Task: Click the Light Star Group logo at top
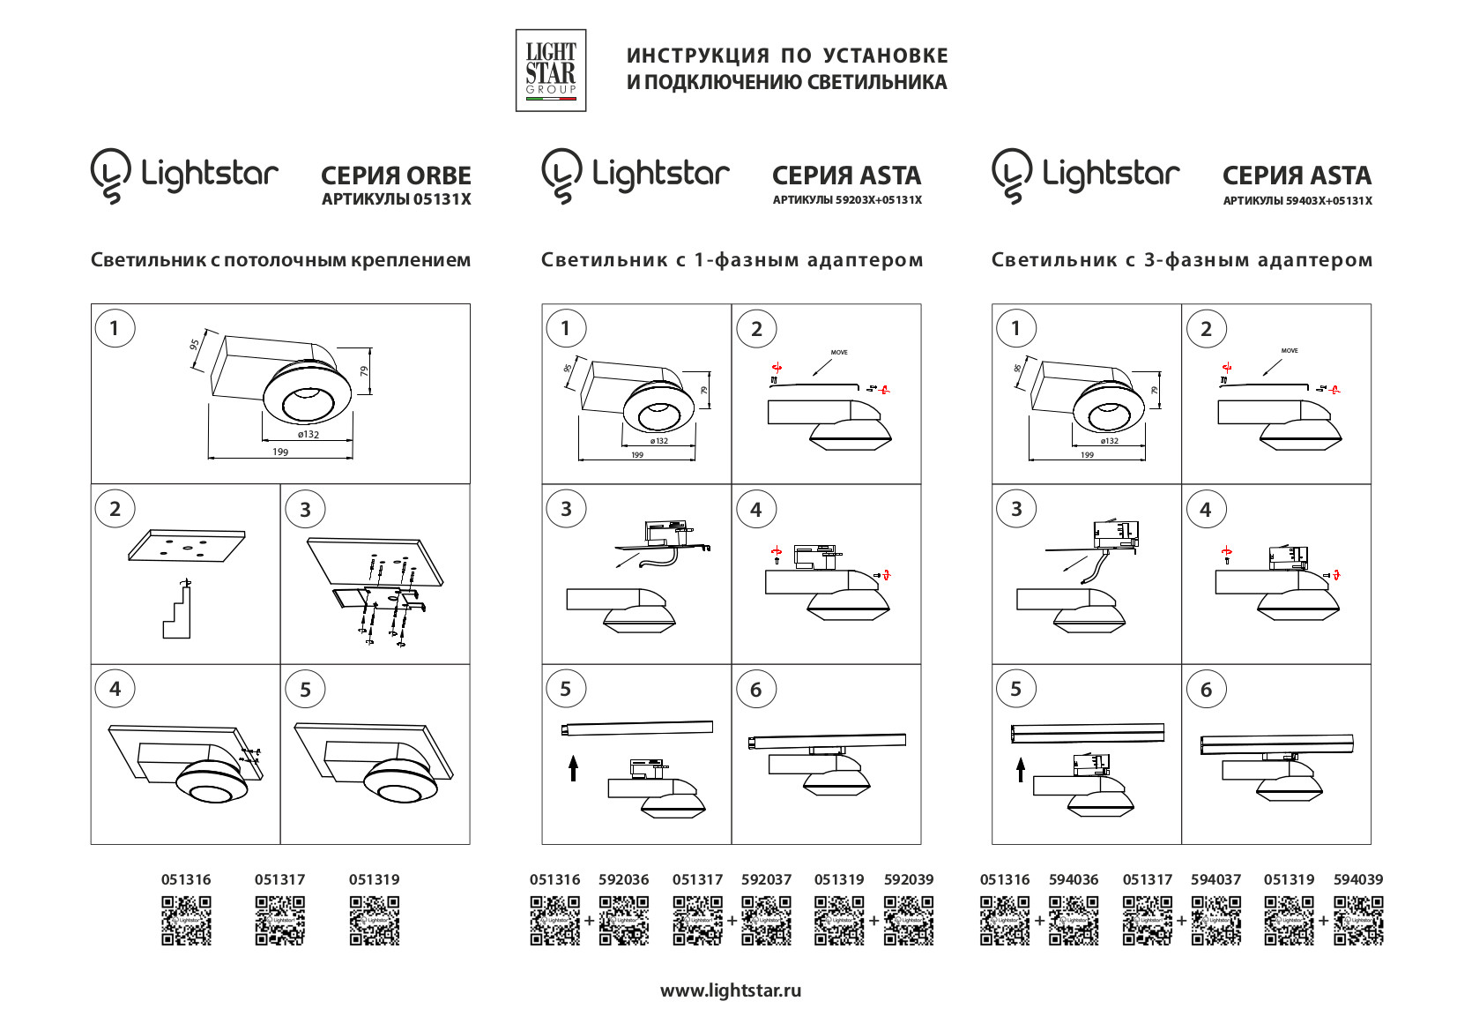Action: (550, 70)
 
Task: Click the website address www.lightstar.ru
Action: (731, 990)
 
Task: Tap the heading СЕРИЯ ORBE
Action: (396, 175)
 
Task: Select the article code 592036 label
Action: (623, 879)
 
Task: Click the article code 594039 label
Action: (1358, 879)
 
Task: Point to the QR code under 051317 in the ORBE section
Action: (279, 921)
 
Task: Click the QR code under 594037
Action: (1215, 921)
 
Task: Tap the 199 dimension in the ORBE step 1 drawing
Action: (280, 452)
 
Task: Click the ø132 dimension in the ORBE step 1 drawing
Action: (308, 434)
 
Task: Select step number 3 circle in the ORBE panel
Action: (305, 509)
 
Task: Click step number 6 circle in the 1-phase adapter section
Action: (755, 690)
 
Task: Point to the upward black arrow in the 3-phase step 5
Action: (1021, 770)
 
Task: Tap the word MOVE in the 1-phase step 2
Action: (839, 353)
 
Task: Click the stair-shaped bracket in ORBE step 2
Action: (177, 614)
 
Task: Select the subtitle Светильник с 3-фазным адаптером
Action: (1181, 260)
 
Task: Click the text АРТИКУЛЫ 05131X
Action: (396, 199)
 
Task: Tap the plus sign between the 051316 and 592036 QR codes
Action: (590, 921)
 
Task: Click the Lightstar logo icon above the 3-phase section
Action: (1011, 175)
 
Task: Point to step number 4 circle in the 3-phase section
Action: (1205, 509)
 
